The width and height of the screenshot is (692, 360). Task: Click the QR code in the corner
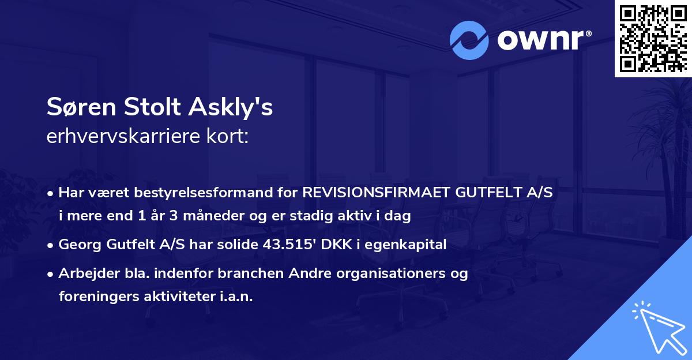(653, 39)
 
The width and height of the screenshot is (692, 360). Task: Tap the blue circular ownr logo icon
(469, 40)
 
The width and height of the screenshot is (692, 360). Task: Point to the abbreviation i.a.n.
(235, 296)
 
